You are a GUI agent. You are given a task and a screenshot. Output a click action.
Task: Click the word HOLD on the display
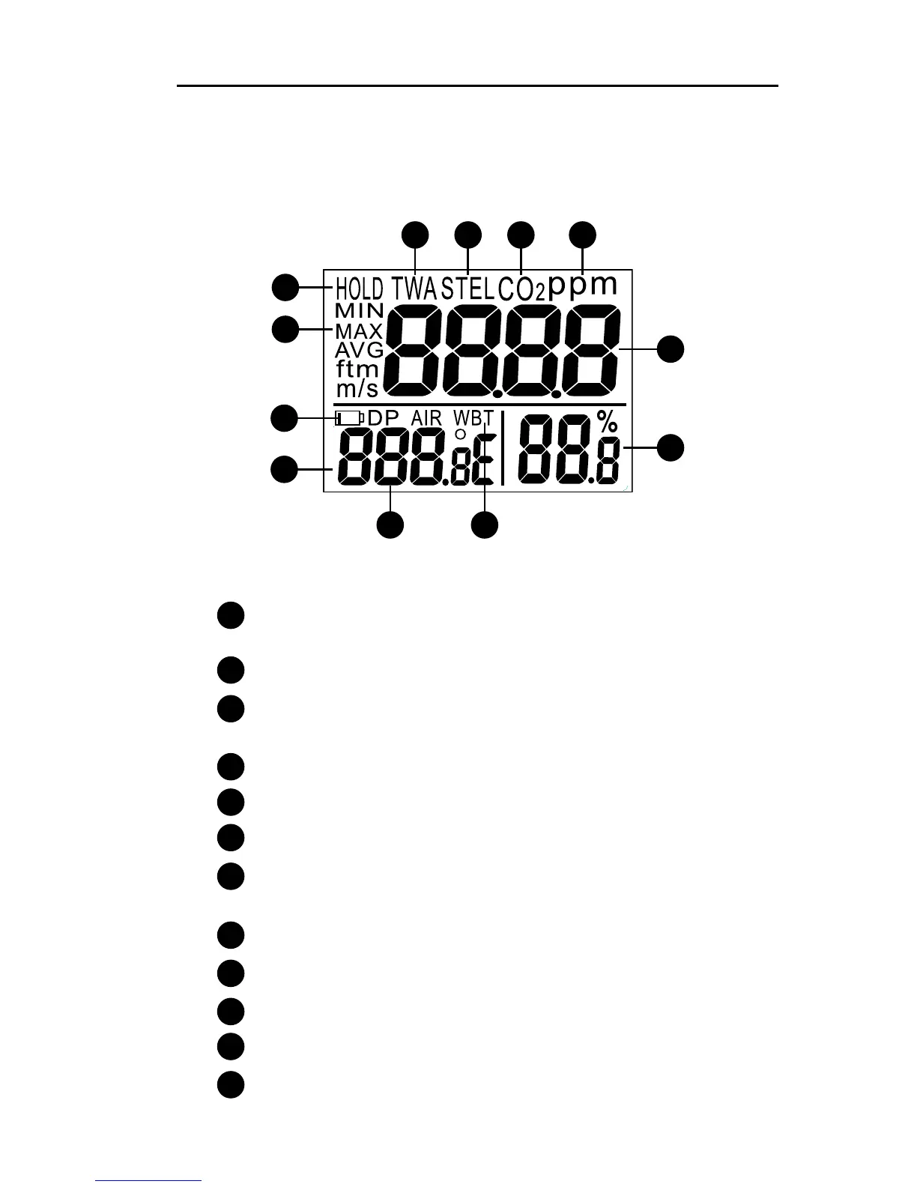[x=359, y=289]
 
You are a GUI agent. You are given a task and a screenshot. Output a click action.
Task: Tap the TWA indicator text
[x=415, y=289]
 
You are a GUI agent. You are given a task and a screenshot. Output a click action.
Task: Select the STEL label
[x=468, y=289]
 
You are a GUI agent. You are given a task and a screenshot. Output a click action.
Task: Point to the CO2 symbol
[x=521, y=289]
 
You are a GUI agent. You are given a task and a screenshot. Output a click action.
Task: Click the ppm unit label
[x=583, y=286]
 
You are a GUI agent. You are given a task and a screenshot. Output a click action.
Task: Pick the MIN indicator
[x=360, y=311]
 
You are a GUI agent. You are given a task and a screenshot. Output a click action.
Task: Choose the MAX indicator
[x=359, y=330]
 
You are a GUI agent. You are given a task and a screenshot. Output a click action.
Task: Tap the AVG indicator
[x=359, y=350]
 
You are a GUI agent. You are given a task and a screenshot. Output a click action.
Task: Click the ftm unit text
[x=357, y=369]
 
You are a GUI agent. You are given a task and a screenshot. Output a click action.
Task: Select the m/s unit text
[x=357, y=388]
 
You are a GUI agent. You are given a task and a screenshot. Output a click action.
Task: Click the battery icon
[x=349, y=417]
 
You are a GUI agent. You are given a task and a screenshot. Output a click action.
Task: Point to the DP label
[x=383, y=417]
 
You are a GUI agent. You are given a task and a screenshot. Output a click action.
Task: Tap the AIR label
[x=426, y=417]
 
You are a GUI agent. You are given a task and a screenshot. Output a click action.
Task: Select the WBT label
[x=473, y=417]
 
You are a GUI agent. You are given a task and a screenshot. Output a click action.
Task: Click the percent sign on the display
[x=607, y=422]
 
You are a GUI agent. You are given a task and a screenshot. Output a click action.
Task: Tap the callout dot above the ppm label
[x=583, y=235]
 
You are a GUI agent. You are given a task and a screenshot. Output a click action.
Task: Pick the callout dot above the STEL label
[x=468, y=235]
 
